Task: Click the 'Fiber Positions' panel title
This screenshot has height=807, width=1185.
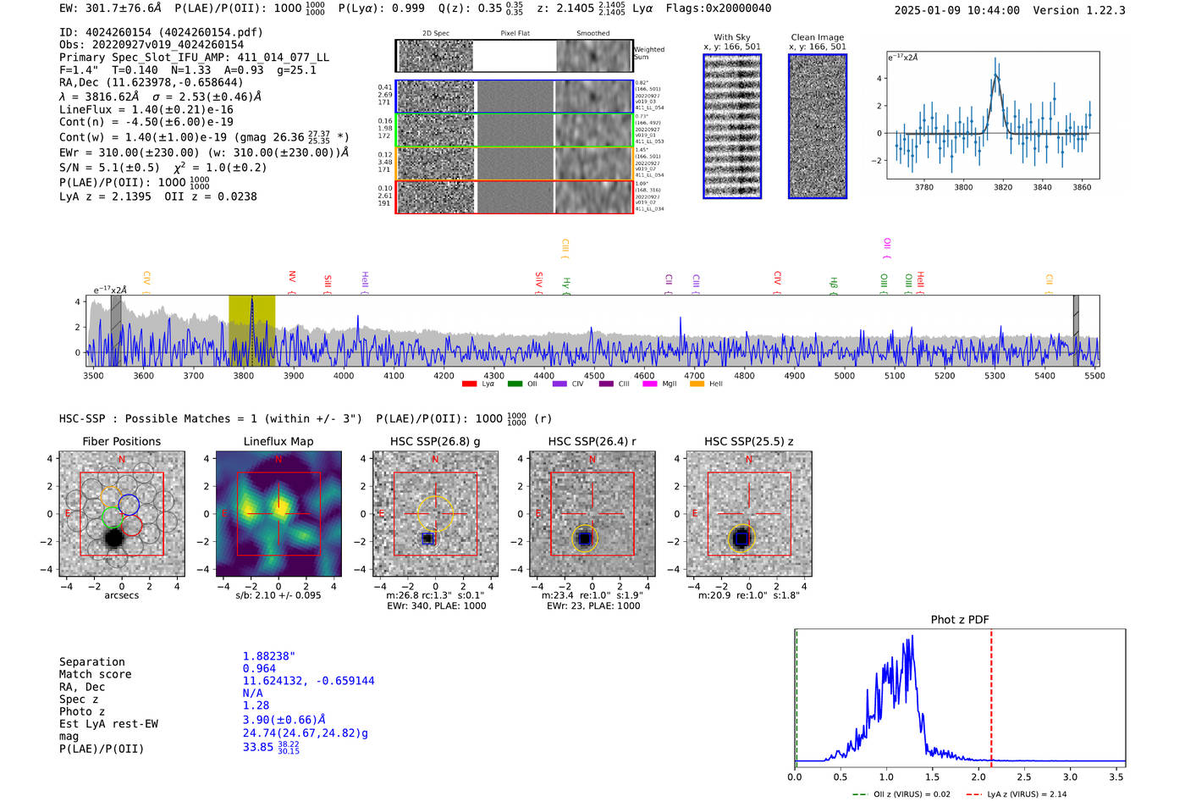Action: coord(121,441)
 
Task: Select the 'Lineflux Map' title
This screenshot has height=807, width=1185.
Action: coord(278,441)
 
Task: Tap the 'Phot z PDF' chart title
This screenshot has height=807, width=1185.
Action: coord(959,620)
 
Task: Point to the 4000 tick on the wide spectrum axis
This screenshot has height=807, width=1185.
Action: coord(344,376)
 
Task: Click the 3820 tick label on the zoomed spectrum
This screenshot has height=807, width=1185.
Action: coord(1003,187)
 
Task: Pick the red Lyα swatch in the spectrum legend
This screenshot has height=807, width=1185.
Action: coord(469,384)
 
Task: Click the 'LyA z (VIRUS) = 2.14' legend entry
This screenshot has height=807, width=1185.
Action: coord(1017,794)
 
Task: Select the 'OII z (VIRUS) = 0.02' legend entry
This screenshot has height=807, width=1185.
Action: coord(902,794)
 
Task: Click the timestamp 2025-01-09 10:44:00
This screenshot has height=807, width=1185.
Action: coord(956,10)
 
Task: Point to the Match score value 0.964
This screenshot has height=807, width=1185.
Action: coord(259,669)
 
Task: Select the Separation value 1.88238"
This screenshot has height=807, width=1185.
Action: coord(268,656)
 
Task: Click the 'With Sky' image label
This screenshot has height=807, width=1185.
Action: coord(731,37)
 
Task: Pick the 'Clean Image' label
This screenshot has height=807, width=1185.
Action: coord(817,37)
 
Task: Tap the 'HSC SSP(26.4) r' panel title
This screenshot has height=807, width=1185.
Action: coord(592,441)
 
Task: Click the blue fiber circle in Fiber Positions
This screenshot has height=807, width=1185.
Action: coord(129,505)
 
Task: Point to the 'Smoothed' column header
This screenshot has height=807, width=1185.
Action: coord(592,34)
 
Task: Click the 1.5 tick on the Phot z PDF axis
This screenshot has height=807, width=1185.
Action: coord(932,777)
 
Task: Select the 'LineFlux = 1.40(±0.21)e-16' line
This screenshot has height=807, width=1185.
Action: coord(146,110)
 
